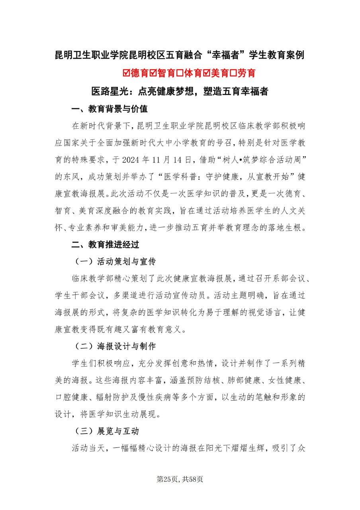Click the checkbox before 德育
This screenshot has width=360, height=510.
(127, 73)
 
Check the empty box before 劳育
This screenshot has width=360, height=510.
(235, 73)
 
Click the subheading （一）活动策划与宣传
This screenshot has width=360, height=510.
(115, 261)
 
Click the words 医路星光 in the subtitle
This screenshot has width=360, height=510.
(110, 92)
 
